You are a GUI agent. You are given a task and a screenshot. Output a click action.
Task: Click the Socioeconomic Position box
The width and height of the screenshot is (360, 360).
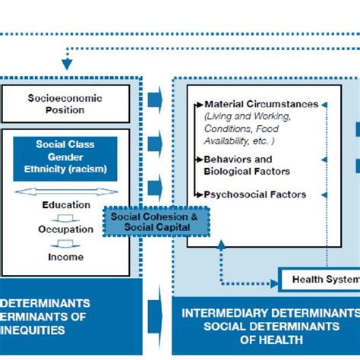[65, 104]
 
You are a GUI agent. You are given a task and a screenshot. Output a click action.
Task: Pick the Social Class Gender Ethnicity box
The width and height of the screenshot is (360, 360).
[65, 158]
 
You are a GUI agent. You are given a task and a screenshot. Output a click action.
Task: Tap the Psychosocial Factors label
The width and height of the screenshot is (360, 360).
[254, 194]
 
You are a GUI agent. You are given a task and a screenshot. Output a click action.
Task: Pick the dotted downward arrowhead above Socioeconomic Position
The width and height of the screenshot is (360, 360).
[67, 65]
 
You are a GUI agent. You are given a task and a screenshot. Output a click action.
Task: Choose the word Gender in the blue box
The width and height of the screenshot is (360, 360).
[65, 156]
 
